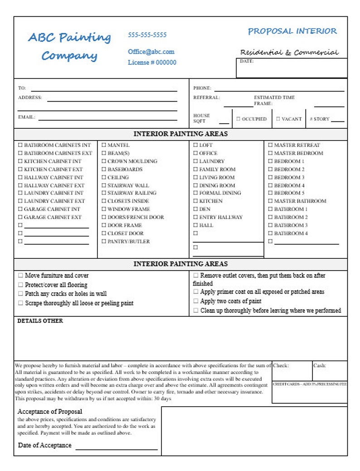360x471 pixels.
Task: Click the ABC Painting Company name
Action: point(69,46)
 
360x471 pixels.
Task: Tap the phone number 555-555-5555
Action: point(147,35)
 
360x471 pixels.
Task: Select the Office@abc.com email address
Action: point(151,52)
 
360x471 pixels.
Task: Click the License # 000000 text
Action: point(152,63)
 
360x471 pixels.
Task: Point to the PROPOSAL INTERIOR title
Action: point(292,31)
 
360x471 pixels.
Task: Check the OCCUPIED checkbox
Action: point(238,119)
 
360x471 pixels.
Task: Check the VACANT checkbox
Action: point(278,119)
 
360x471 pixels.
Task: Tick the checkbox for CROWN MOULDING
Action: point(104,161)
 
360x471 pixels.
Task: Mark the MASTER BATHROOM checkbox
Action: point(270,201)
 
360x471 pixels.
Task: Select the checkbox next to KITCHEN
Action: point(195,201)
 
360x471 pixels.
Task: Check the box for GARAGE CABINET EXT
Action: point(20,218)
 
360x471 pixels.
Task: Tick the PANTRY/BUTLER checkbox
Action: point(104,242)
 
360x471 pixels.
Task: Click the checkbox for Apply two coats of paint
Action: point(196,301)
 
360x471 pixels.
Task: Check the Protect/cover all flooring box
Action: point(20,285)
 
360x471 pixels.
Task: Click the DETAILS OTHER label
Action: point(40,321)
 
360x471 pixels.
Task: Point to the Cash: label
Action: point(319,365)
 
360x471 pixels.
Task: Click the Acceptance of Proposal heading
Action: point(50,412)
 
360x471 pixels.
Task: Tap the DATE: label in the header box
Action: point(247,61)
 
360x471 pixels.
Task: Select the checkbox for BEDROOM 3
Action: point(270,178)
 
